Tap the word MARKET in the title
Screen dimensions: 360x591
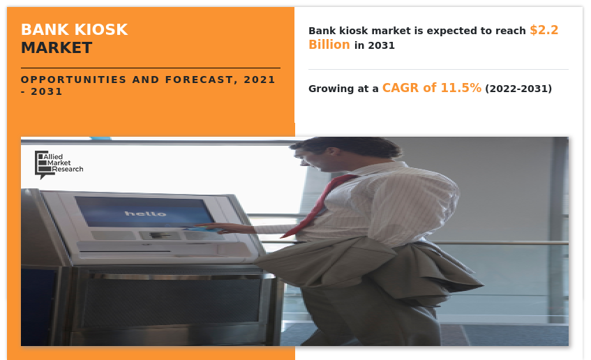point(57,48)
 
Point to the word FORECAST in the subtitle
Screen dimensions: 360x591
point(198,80)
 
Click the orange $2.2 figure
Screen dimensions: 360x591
point(544,30)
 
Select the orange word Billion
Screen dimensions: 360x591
point(329,45)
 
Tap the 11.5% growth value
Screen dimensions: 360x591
point(458,88)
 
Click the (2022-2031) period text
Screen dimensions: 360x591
point(518,89)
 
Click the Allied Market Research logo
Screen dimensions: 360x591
point(59,164)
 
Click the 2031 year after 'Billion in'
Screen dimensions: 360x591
point(382,46)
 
